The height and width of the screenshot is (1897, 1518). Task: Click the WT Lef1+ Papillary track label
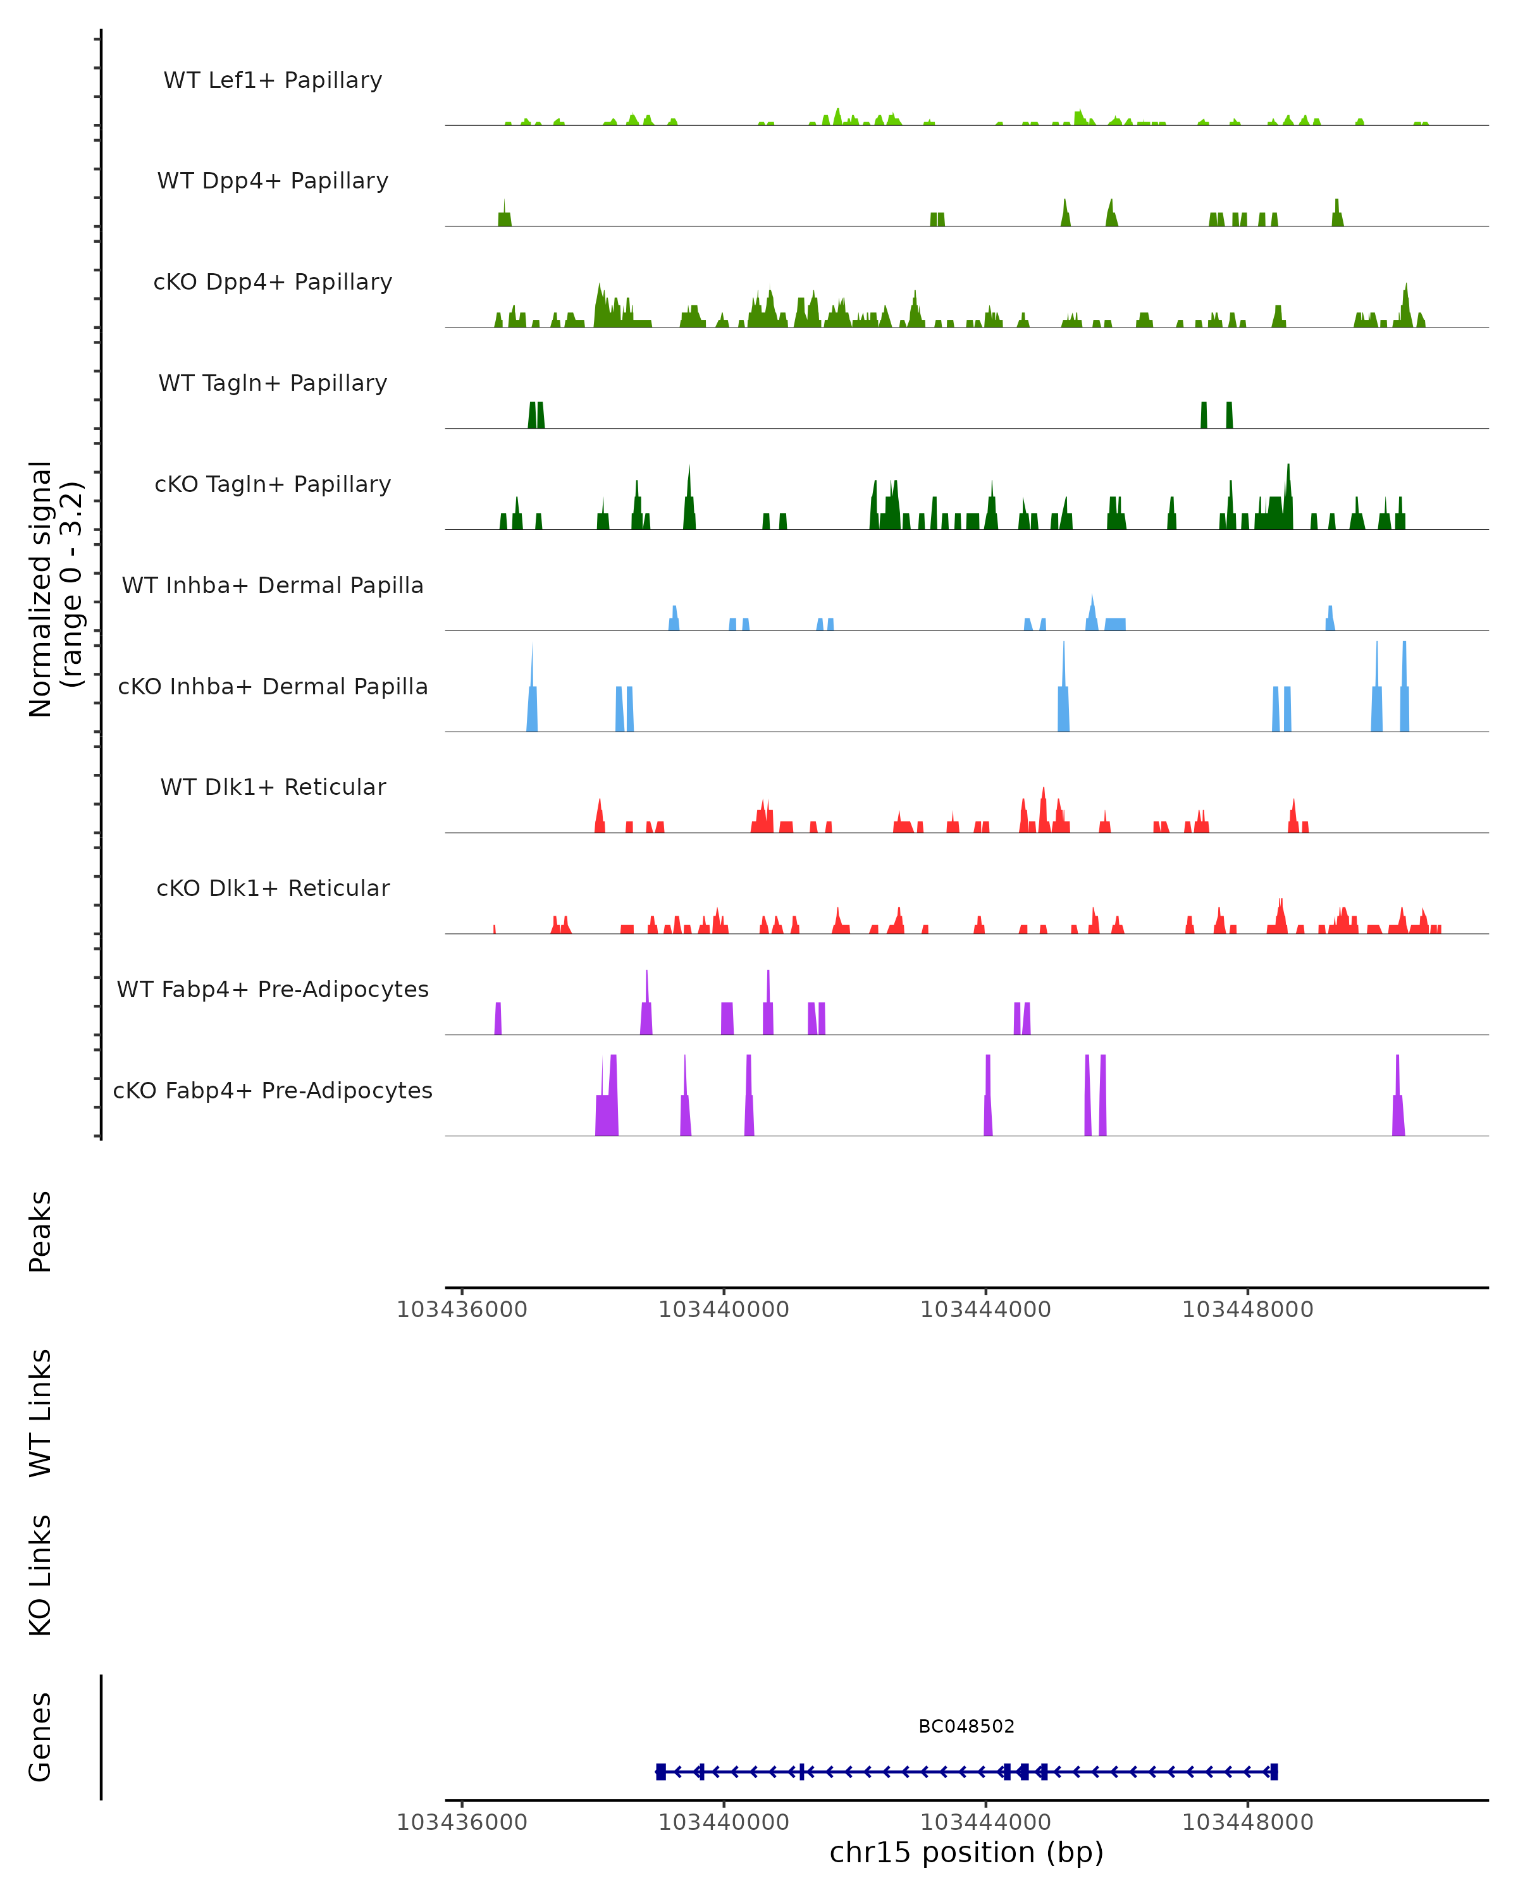pyautogui.click(x=273, y=80)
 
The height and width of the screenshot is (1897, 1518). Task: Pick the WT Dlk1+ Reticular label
pyautogui.click(x=273, y=787)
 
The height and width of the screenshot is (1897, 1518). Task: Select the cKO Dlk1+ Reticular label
pyautogui.click(x=273, y=888)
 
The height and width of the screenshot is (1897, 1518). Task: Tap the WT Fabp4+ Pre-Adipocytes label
pyautogui.click(x=273, y=989)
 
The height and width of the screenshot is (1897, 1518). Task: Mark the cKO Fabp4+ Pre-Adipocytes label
pyautogui.click(x=273, y=1090)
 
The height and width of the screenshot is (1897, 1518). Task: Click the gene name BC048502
pyautogui.click(x=966, y=1726)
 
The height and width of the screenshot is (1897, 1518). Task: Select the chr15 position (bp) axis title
pyautogui.click(x=966, y=1852)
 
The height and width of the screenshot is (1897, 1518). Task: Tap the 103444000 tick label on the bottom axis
pyautogui.click(x=985, y=1822)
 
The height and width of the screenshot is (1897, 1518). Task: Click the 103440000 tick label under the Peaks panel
pyautogui.click(x=724, y=1310)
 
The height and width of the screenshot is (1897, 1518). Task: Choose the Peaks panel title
pyautogui.click(x=40, y=1231)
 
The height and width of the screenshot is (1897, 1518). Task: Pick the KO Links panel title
pyautogui.click(x=40, y=1575)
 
